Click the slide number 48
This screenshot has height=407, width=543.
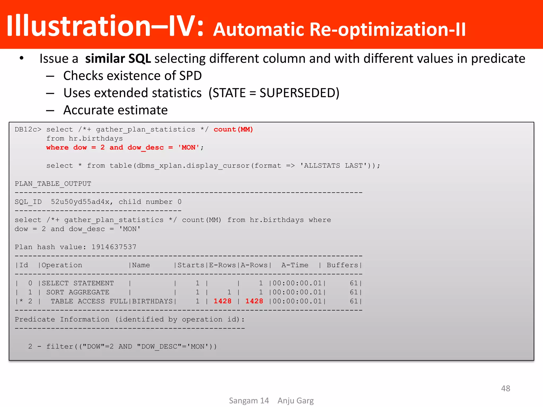pyautogui.click(x=505, y=388)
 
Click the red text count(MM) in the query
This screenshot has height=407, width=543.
pyautogui.click(x=233, y=129)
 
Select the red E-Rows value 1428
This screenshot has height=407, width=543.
pyautogui.click(x=222, y=301)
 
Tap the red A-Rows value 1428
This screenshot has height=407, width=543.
pyautogui.click(x=254, y=301)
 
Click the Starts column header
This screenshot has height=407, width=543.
pyautogui.click(x=191, y=265)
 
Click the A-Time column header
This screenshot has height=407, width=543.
pyautogui.click(x=295, y=265)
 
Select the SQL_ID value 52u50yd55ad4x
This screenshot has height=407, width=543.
pyautogui.click(x=80, y=202)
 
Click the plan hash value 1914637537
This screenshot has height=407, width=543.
pyautogui.click(x=114, y=247)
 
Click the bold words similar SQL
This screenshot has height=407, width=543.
pyautogui.click(x=118, y=59)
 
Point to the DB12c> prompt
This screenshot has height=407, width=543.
pyautogui.click(x=28, y=130)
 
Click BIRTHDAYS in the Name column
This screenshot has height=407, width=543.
pyautogui.click(x=152, y=301)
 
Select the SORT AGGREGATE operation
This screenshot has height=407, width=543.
pyautogui.click(x=78, y=292)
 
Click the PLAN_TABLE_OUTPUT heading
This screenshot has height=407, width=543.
pyautogui.click(x=53, y=184)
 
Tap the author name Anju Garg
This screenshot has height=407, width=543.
pyautogui.click(x=295, y=401)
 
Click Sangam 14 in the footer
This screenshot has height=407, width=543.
pyautogui.click(x=249, y=401)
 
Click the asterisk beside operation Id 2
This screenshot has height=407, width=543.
pyautogui.click(x=21, y=301)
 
